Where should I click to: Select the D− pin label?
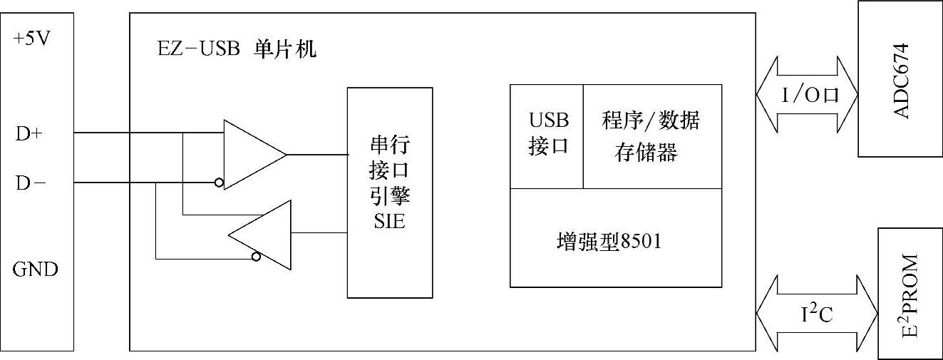[x=31, y=183]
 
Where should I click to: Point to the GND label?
[x=35, y=270]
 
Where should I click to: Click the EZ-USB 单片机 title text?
[x=236, y=50]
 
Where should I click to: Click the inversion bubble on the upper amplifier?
[x=219, y=183]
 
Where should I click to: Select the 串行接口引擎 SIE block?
[x=390, y=192]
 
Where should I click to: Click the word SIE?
[x=389, y=221]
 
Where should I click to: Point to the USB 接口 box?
[x=547, y=135]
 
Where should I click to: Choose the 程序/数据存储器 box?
[x=651, y=135]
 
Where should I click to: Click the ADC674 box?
[x=900, y=78]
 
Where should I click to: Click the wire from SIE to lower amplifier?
[x=319, y=232]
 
